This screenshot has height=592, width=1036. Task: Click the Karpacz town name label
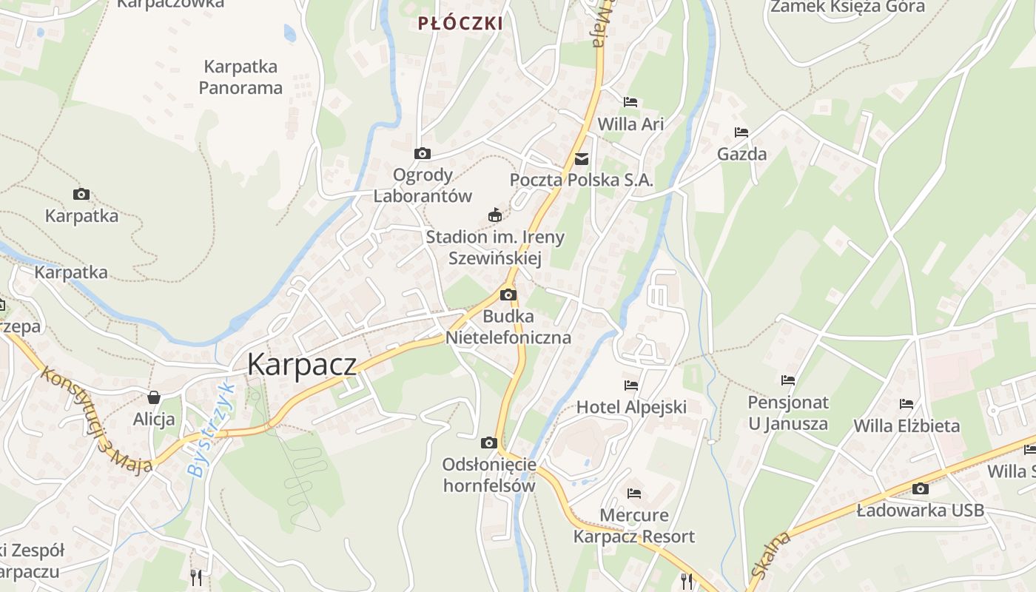tap(302, 364)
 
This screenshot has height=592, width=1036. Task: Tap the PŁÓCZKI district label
tap(460, 24)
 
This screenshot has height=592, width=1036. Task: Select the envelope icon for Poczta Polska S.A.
tap(582, 158)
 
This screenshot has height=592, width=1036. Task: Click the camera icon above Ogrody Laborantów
tap(423, 154)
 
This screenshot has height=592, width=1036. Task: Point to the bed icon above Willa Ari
tap(630, 102)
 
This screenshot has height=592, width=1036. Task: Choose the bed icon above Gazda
tap(741, 132)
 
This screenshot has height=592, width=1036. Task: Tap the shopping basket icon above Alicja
tap(154, 397)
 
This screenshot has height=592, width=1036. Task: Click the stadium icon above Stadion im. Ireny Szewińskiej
tap(495, 215)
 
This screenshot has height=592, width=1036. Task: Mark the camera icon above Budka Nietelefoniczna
tap(508, 295)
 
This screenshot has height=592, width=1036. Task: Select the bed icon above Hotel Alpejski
tap(631, 385)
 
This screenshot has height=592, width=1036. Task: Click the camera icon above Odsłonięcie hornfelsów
tap(488, 443)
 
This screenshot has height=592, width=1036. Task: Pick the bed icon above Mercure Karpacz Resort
tap(634, 493)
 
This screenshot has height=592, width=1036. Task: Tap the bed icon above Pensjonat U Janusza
tap(788, 380)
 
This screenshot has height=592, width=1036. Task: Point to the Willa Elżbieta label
tap(906, 426)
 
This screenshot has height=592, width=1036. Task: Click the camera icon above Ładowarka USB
tap(921, 488)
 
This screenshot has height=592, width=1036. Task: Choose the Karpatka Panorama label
tap(240, 77)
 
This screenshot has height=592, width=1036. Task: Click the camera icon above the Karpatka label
tap(81, 195)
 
